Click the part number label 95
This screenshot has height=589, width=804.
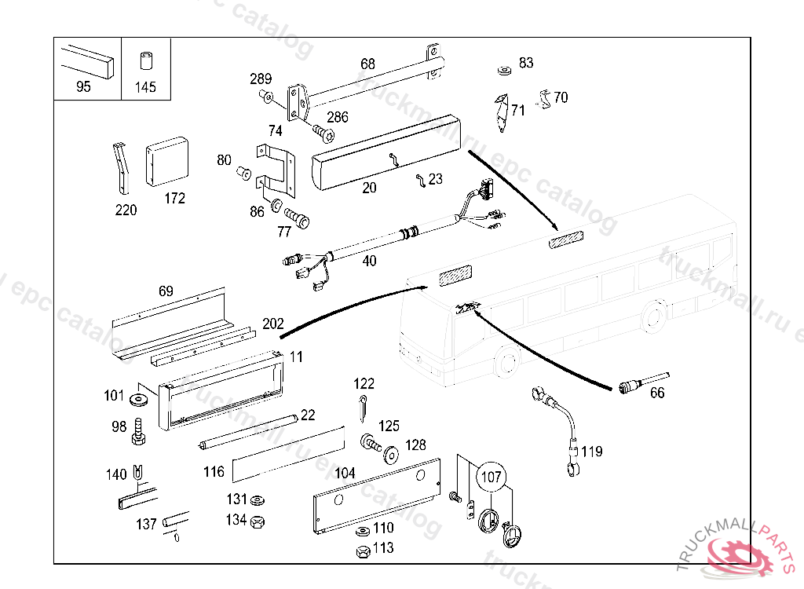tap(83, 87)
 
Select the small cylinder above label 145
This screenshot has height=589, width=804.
tap(145, 62)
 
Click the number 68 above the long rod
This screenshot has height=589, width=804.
tap(367, 64)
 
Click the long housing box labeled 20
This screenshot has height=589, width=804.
tap(386, 152)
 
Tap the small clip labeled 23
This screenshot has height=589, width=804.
tap(422, 181)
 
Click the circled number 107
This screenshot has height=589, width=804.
tap(491, 477)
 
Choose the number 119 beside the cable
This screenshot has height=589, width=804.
tap(592, 452)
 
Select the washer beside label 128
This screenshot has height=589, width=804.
tap(389, 455)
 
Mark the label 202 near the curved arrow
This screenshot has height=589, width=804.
tap(272, 324)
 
